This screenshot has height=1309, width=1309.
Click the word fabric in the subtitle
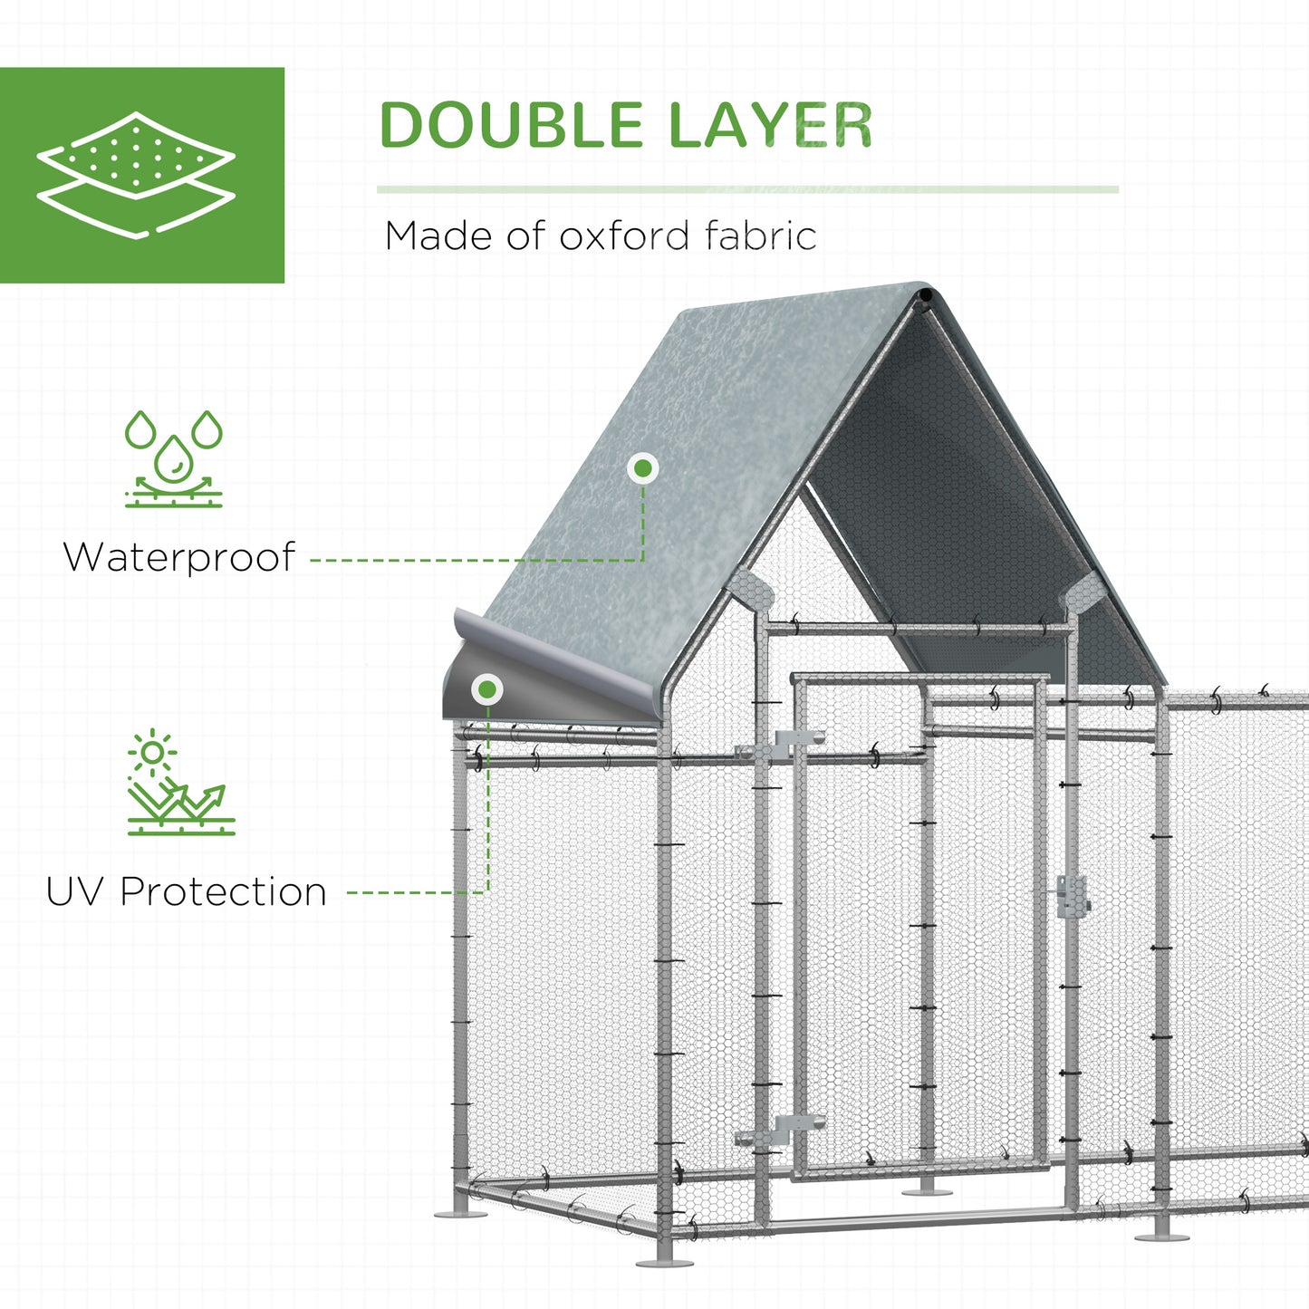click(760, 236)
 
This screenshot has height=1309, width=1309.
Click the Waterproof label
click(179, 557)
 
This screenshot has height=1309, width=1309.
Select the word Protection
click(223, 891)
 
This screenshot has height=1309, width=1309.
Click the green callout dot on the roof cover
click(643, 468)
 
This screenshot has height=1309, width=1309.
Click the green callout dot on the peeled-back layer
click(487, 690)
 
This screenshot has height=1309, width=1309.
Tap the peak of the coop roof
click(926, 295)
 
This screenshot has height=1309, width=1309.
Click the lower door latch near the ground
click(779, 1129)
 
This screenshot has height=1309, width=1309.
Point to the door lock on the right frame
click(1073, 895)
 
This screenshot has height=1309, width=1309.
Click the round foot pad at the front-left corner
click(664, 1262)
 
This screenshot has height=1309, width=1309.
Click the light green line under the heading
click(747, 189)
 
